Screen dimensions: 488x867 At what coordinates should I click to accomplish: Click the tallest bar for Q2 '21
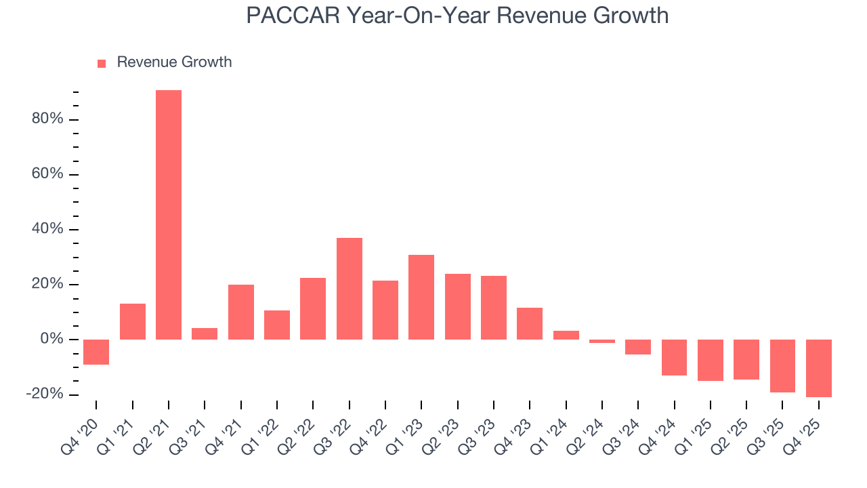(x=169, y=215)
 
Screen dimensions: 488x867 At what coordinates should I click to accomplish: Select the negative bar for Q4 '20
(x=96, y=352)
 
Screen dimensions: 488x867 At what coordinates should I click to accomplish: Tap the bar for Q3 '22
(x=350, y=289)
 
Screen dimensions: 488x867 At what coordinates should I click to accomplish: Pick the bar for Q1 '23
(x=421, y=297)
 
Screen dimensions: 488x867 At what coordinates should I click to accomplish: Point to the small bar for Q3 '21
(x=205, y=333)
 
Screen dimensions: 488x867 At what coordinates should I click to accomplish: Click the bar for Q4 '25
(x=819, y=368)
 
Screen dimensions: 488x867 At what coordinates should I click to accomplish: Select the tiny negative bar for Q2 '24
(x=602, y=341)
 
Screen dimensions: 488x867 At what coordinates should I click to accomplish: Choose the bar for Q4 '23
(x=530, y=323)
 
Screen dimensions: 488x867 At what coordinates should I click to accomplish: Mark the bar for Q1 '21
(x=133, y=321)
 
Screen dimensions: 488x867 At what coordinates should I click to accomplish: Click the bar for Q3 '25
(x=782, y=365)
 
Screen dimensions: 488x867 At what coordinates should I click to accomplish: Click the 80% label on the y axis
(x=47, y=119)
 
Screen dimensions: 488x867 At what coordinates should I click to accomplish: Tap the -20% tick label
(x=44, y=394)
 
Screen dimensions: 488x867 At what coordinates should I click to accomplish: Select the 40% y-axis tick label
(x=47, y=229)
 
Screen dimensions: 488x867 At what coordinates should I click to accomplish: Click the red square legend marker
(x=102, y=64)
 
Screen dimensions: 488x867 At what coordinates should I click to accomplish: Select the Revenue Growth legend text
(x=174, y=62)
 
